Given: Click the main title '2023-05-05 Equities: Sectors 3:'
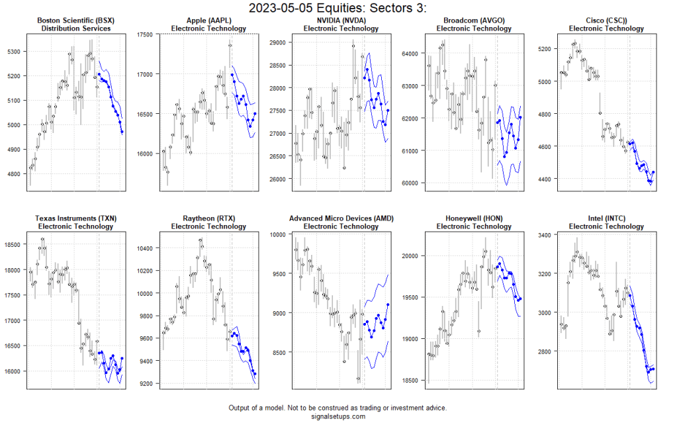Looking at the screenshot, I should click(338, 9).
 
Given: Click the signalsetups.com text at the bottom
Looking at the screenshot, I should click(338, 416).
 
